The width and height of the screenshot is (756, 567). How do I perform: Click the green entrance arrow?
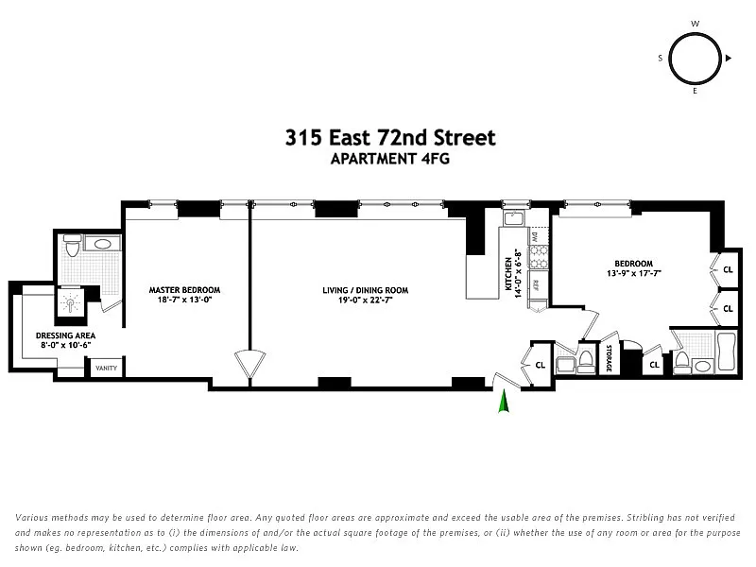(504, 401)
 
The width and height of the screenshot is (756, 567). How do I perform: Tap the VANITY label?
(106, 368)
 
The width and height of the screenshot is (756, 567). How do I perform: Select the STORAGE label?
(609, 358)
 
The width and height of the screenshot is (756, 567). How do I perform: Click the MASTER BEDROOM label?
(184, 290)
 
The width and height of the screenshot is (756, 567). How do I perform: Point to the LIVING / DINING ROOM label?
(366, 290)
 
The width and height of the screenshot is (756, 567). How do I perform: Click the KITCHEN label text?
(508, 274)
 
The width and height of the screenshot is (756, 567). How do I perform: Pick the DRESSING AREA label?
(65, 335)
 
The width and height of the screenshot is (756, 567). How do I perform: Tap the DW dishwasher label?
(535, 237)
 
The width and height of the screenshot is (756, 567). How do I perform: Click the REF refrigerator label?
(536, 285)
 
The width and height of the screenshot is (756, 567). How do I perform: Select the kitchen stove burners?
(539, 256)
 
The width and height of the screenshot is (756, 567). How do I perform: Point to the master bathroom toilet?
(72, 247)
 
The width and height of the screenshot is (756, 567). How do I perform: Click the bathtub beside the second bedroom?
(727, 351)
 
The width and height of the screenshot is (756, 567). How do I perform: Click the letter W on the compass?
(696, 24)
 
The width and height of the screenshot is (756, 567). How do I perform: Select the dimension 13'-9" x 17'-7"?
(633, 273)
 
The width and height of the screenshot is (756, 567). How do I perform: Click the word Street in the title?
(464, 138)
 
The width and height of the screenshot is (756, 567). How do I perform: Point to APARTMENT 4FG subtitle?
(390, 159)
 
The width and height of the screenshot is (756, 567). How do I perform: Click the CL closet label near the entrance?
(540, 365)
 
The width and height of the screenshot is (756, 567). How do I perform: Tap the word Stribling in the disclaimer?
(646, 518)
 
